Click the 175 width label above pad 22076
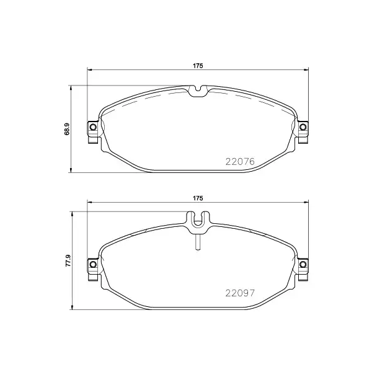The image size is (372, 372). click(198, 65)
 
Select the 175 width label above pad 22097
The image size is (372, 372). click(198, 198)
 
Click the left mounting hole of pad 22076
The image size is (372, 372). click(93, 128)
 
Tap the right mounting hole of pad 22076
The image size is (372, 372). click(303, 128)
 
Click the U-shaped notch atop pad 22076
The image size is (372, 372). click(198, 92)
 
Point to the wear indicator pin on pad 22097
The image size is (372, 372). click(198, 243)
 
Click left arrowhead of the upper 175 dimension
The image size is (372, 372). click(89, 70)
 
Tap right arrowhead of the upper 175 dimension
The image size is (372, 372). click(307, 70)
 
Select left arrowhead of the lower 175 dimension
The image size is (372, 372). click(89, 203)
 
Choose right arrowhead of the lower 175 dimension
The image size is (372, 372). click(307, 203)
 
